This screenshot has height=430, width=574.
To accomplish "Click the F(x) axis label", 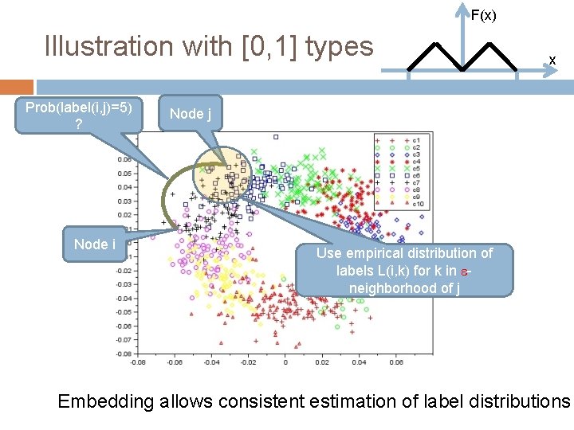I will point(483,15).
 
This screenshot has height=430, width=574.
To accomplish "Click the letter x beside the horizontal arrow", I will point(551,60).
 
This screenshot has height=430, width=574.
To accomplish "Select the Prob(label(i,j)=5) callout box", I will point(79,115).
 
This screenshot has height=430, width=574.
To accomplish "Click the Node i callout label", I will point(95,244).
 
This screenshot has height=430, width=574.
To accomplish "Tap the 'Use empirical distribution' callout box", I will point(404,270).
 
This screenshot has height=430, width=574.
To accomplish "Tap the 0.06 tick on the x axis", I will point(396,362).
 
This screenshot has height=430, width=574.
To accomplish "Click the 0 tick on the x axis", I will point(285,362).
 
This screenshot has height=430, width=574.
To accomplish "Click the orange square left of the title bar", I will point(17,87).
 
